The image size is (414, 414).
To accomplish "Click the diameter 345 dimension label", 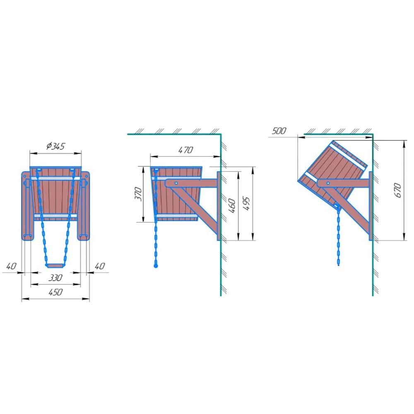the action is coord(55,146).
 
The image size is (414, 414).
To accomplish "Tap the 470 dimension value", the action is coord(185,150).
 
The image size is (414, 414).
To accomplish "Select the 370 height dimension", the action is coord(138,194).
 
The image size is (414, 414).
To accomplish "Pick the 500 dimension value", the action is coord(279,131).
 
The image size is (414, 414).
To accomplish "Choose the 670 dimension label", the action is coord(397,190).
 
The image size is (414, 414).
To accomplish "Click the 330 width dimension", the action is coord(55,277).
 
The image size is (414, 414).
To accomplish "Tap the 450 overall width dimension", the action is coord(55,292).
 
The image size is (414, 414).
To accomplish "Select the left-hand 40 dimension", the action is coord(11,266).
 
